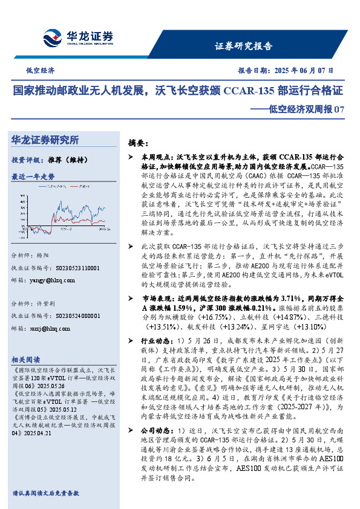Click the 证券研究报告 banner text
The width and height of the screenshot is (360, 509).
(x=243, y=46)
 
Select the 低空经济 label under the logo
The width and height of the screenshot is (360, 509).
(x=40, y=71)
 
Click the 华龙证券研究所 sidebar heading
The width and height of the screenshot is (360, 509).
(x=45, y=140)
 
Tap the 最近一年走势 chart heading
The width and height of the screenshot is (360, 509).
(x=33, y=177)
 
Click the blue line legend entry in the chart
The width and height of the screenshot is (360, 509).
(x=51, y=187)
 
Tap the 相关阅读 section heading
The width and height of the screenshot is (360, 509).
(x=27, y=358)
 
